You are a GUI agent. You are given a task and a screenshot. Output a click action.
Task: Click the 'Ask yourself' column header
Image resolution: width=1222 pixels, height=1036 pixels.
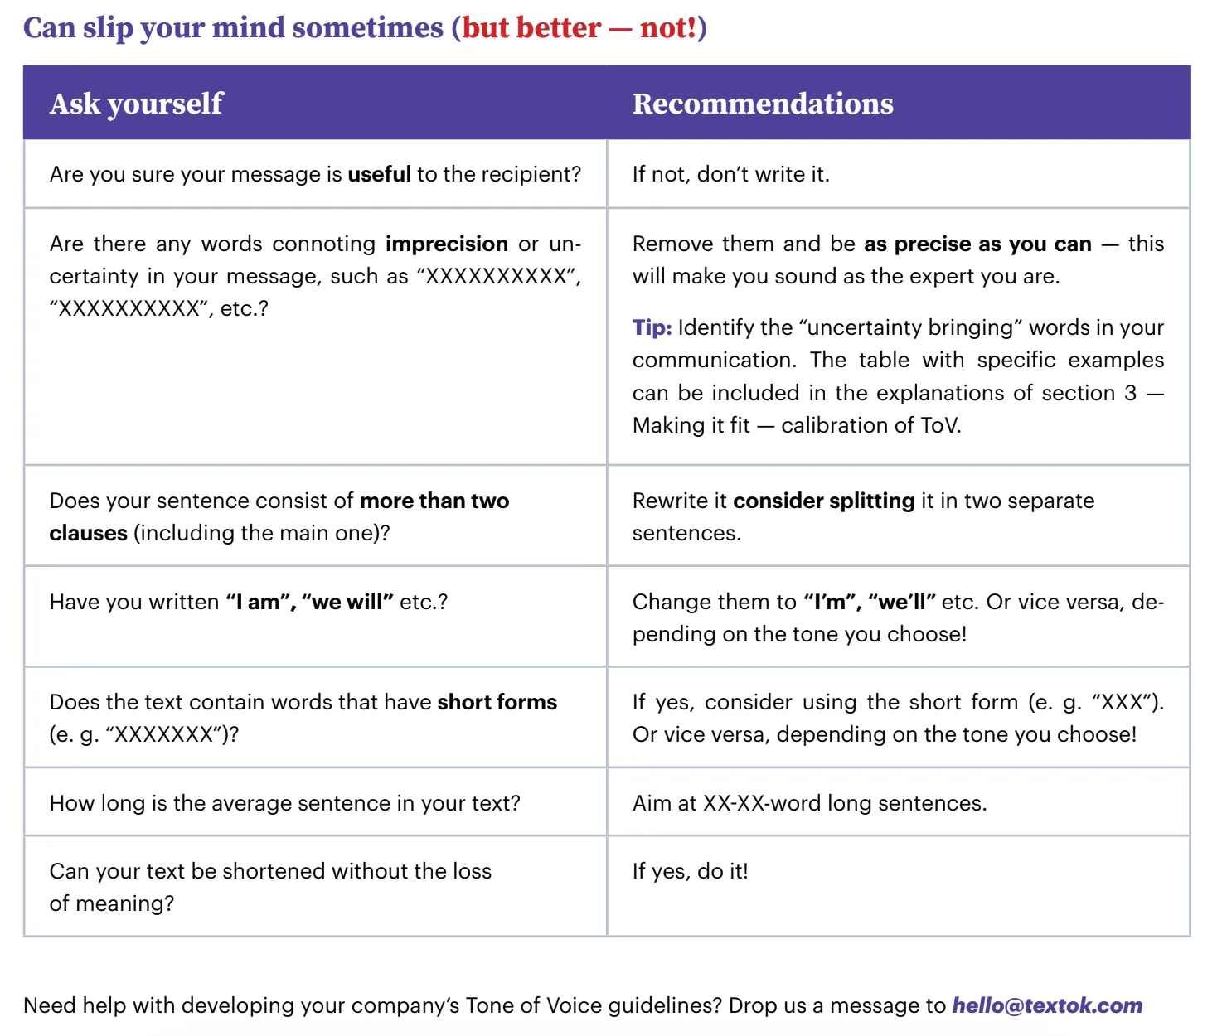tap(136, 104)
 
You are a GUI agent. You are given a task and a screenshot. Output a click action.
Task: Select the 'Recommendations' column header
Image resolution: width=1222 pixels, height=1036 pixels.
tap(762, 104)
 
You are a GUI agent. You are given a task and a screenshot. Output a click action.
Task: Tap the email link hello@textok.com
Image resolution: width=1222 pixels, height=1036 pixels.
tap(1046, 1005)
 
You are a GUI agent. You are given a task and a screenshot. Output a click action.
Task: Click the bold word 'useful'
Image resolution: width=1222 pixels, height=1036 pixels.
tap(379, 174)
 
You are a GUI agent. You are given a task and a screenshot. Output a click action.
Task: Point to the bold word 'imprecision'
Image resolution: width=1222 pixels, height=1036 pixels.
tap(446, 244)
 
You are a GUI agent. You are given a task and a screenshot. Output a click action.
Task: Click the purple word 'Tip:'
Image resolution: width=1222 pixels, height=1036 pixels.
tap(652, 327)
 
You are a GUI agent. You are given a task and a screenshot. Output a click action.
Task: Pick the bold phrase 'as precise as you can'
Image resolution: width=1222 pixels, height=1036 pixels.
tap(977, 244)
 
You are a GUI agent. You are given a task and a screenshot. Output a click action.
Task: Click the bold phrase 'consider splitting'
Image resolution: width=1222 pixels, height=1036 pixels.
tap(823, 501)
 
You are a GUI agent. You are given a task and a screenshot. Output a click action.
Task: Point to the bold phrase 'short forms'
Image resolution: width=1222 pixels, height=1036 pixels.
tap(497, 702)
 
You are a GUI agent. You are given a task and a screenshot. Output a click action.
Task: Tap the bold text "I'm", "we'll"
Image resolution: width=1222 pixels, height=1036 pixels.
tap(869, 602)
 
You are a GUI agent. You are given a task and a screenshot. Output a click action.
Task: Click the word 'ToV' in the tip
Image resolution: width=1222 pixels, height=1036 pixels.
tap(938, 425)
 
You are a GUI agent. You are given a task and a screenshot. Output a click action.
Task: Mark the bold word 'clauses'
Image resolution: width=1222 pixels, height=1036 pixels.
tap(88, 533)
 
